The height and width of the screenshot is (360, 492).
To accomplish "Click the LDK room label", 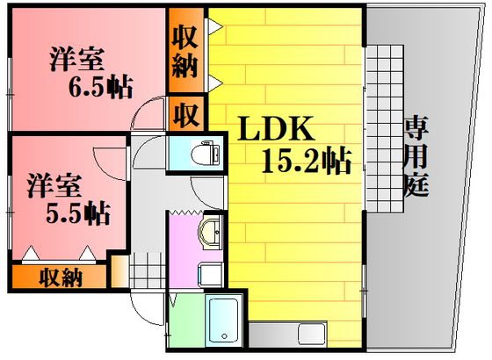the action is (276, 128).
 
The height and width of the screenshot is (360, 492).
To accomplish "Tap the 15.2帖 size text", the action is (307, 160).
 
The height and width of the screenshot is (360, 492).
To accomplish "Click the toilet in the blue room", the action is (206, 153).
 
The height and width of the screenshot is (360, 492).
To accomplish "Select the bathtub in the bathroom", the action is (224, 321).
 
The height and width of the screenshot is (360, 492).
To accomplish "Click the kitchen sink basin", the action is (312, 335).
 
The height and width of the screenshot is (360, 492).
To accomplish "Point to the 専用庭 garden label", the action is (416, 156).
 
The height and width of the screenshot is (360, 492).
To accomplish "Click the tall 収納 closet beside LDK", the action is (186, 50).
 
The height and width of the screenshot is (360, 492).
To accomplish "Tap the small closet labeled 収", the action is (186, 113).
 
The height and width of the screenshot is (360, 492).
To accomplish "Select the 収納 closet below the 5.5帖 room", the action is (60, 277).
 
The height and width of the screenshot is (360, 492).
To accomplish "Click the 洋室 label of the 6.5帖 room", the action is (76, 60).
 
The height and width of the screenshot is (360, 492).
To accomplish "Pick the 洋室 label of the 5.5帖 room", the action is (54, 185).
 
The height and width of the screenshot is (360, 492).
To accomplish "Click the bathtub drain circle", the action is (224, 336).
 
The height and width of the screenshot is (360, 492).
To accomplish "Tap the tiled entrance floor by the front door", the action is (148, 270).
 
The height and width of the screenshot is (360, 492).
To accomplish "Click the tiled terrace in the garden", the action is (385, 129).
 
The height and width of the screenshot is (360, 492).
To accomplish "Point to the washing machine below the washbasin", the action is (211, 275).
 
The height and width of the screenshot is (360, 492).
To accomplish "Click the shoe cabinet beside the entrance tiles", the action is (119, 271).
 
